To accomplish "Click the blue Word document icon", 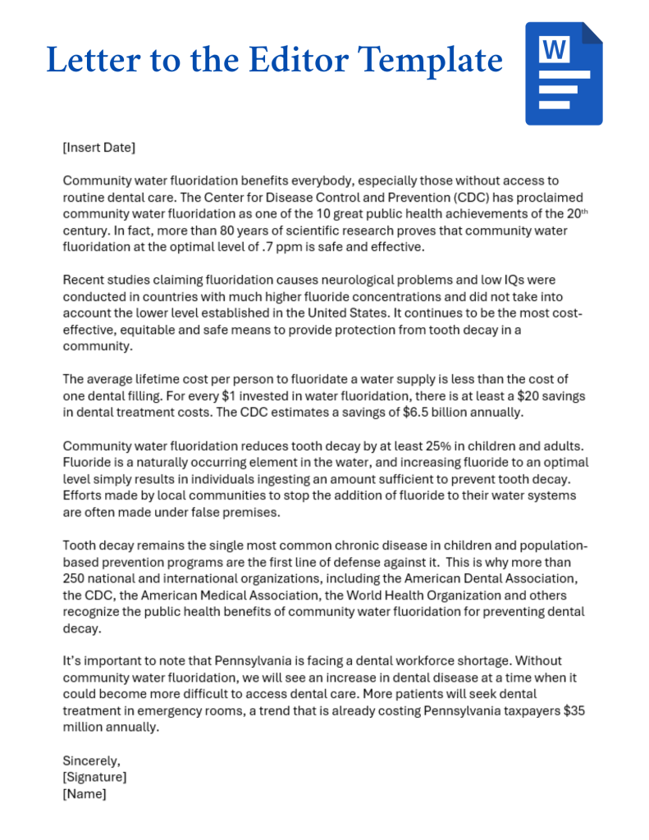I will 564,73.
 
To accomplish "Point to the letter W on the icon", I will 554,51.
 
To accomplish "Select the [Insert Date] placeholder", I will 98,148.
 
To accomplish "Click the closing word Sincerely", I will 91,761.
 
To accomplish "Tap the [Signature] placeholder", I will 94,778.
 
